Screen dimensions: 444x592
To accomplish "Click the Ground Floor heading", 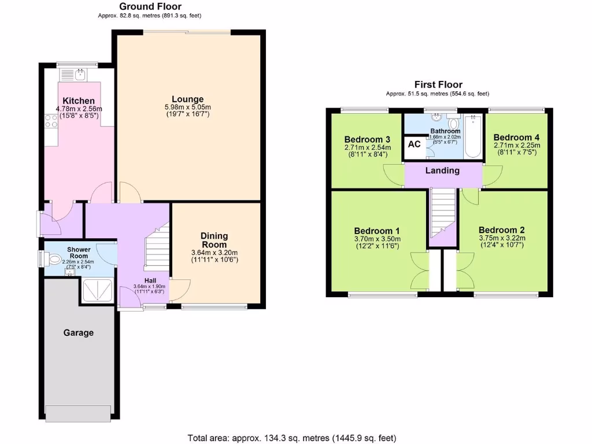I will (x=150, y=6).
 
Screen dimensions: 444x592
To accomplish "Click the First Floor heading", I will (x=438, y=84).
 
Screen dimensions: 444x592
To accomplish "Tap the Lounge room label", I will (x=187, y=99).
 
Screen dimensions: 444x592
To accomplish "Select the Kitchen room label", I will (x=79, y=101).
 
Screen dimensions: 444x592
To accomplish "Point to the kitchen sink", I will (x=72, y=74).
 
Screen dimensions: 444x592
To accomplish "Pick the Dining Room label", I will (x=214, y=240).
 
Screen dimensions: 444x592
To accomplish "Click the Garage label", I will (x=78, y=332).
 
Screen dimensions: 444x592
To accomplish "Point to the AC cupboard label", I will (x=415, y=144).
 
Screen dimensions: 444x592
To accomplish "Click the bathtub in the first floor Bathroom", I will (x=473, y=136).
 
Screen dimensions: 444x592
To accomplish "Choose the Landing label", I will (x=442, y=171).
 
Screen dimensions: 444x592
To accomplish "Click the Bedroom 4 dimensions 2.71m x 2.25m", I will (x=516, y=146).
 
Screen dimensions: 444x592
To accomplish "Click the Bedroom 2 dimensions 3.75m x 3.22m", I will (x=502, y=238).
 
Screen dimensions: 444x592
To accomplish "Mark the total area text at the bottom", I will (x=292, y=438).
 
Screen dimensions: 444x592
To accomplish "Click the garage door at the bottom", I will (x=78, y=414).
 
